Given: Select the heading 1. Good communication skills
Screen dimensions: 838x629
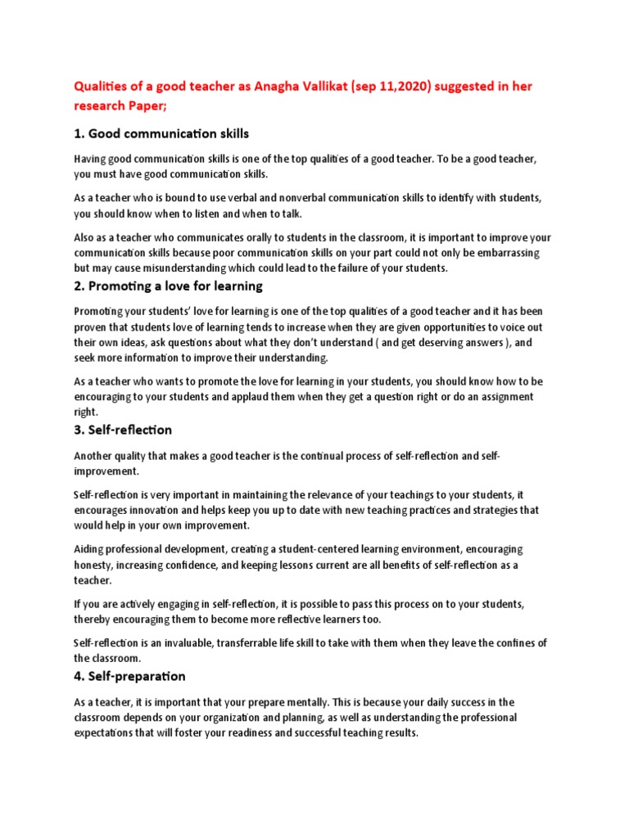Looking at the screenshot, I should click(x=161, y=133).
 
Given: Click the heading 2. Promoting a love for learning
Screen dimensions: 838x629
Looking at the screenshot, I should click(x=168, y=286).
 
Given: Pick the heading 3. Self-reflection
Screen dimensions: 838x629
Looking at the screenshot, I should click(x=123, y=430).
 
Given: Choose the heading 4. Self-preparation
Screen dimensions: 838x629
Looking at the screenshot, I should click(x=129, y=676).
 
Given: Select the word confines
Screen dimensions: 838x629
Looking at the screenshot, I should click(x=513, y=642).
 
